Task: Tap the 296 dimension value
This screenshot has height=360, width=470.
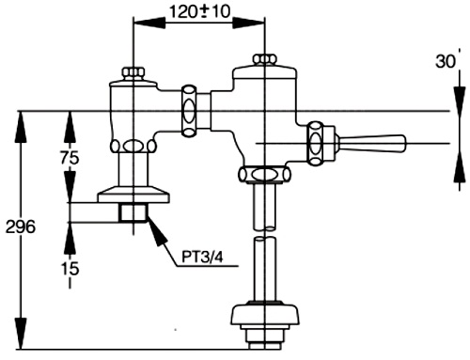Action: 20,227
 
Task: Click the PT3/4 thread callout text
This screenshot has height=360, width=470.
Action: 204,255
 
